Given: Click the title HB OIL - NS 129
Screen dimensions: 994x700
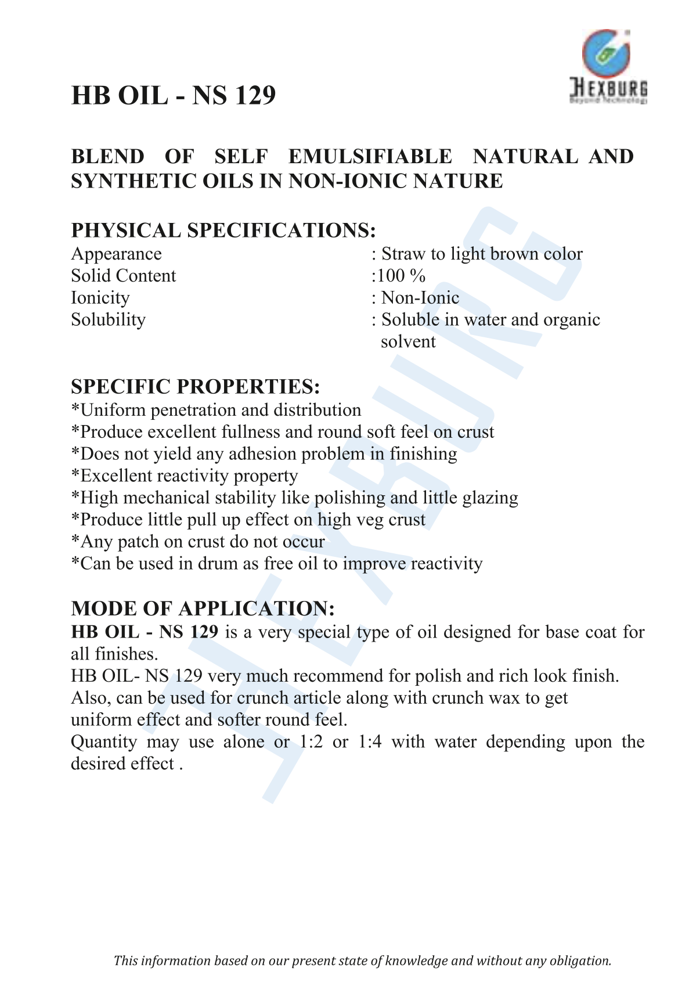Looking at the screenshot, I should [173, 95].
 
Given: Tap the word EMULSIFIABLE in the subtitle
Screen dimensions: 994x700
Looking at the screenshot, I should [370, 157].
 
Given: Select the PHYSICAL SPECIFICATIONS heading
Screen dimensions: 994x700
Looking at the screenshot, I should [223, 231].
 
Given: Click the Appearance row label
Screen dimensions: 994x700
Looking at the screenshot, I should [116, 254].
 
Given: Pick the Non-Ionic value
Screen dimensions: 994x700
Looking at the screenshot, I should [420, 298].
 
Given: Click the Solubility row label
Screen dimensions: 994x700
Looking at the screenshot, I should [108, 320].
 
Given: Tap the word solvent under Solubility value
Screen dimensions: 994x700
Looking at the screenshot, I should [407, 342].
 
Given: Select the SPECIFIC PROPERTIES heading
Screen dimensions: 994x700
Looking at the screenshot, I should [195, 387].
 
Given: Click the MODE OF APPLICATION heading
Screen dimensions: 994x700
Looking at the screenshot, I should [203, 608].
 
